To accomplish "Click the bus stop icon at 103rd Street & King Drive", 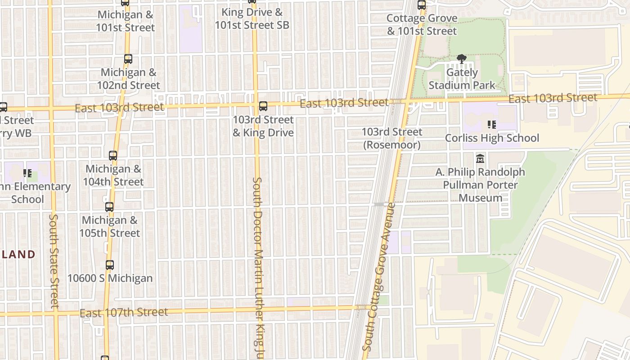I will coord(263,107).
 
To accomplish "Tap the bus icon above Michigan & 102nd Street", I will coord(128,59).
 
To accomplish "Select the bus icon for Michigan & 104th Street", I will coord(113,156).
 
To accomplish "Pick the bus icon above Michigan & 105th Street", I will coord(109,207).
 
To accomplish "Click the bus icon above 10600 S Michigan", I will coord(110,265).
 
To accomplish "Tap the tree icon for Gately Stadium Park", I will coord(461,59).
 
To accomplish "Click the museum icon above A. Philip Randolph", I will coord(480,159).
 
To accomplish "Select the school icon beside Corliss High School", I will coord(491,125).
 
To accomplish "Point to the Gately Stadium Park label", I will coord(462,79).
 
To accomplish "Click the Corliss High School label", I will coord(492,138).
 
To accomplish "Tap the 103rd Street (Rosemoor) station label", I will coord(392,138).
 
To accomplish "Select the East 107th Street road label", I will coord(124,312).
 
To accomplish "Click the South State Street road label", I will coord(54,261).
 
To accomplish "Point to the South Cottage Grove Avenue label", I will coord(379,277).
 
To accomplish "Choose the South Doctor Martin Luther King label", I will coord(257,265).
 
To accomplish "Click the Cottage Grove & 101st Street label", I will coord(422,25).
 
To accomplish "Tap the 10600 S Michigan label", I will coord(110,278).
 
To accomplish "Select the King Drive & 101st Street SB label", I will coord(252,18).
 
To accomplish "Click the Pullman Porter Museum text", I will coord(480,191).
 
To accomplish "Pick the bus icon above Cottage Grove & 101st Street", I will coord(422,5).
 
